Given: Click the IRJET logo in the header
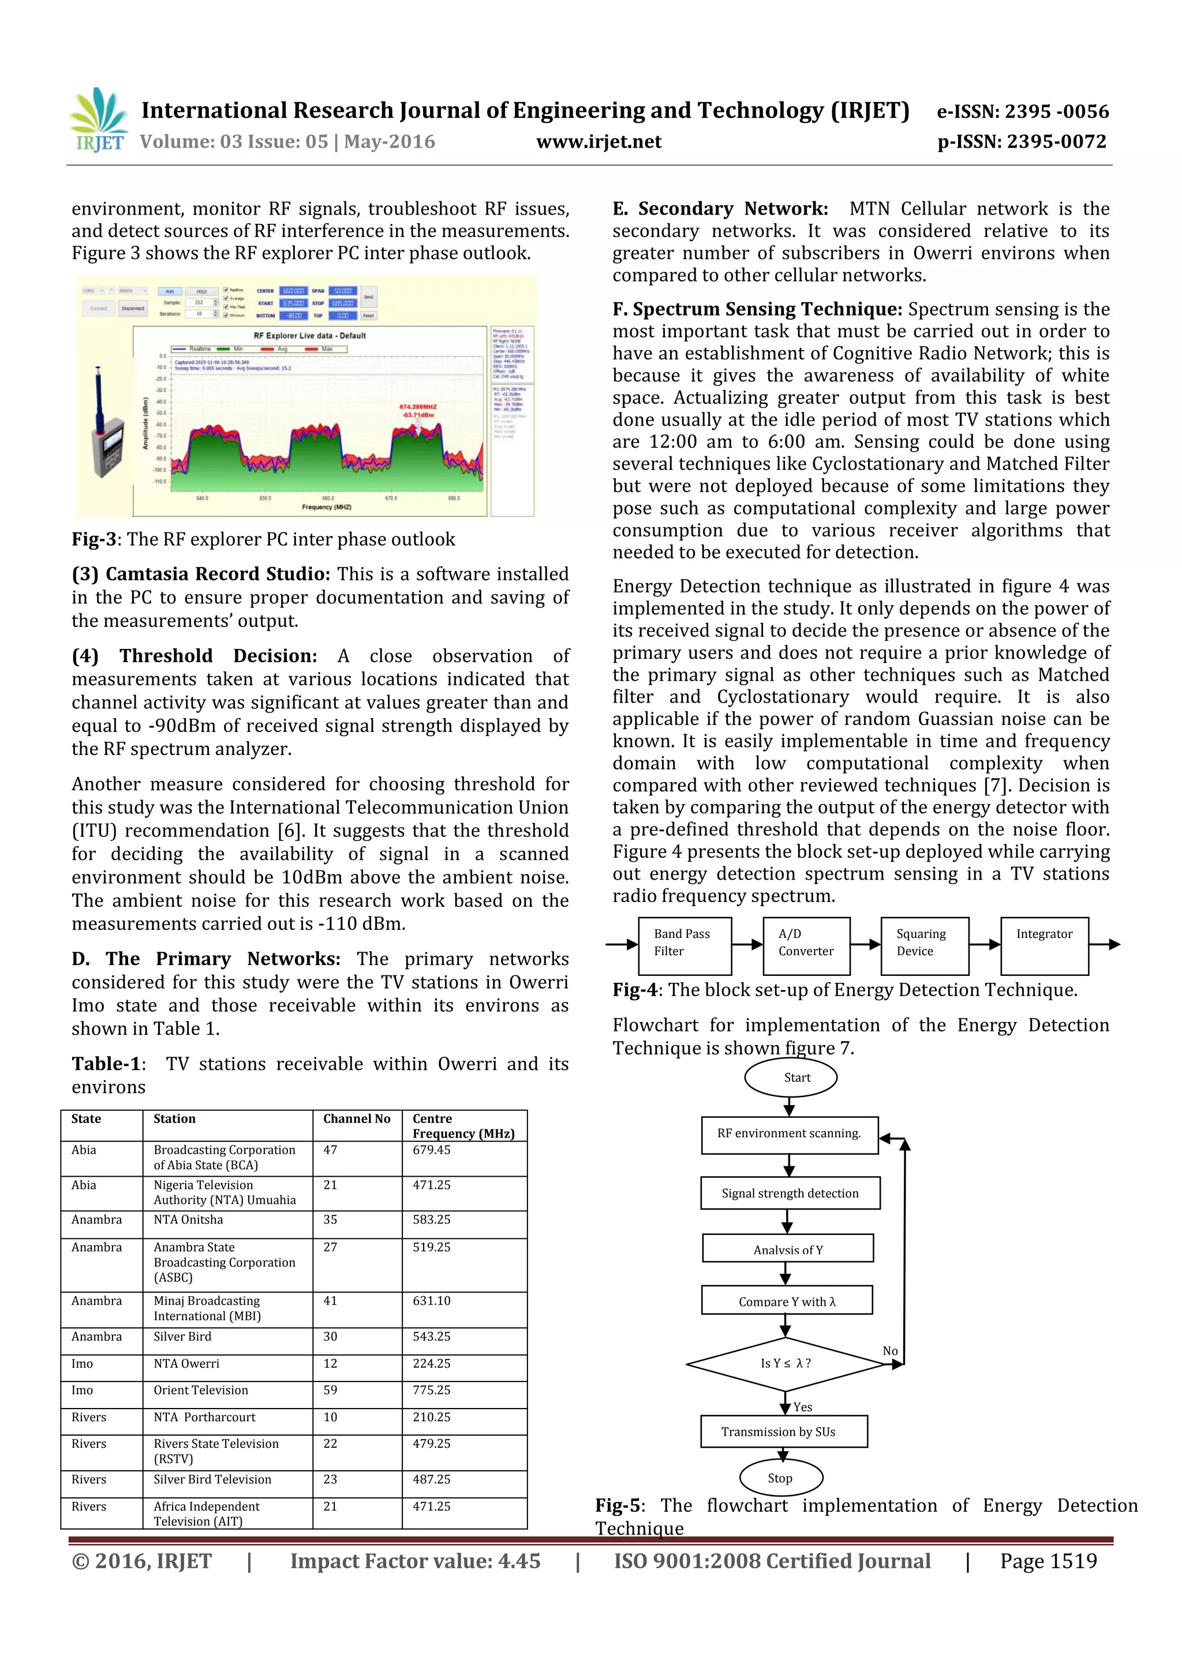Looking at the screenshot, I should (x=98, y=119).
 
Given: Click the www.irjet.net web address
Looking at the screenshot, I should (x=599, y=141).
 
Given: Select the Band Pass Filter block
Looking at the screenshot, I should (x=684, y=945).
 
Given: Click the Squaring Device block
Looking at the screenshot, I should (x=923, y=945).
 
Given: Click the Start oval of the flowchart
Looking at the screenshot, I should (x=790, y=1078).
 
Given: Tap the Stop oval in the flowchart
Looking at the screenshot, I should (x=781, y=1478).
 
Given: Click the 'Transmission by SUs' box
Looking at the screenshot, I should (x=783, y=1432).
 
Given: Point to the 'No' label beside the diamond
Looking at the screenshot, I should (x=890, y=1351).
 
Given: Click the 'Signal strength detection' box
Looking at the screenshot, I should (x=790, y=1193).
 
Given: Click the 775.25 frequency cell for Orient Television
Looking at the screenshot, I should (x=432, y=1390).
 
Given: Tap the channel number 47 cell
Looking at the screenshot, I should (x=331, y=1150).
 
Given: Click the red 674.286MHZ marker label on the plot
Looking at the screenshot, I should (x=417, y=407).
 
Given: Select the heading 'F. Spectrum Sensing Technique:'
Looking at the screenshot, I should (x=757, y=309).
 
